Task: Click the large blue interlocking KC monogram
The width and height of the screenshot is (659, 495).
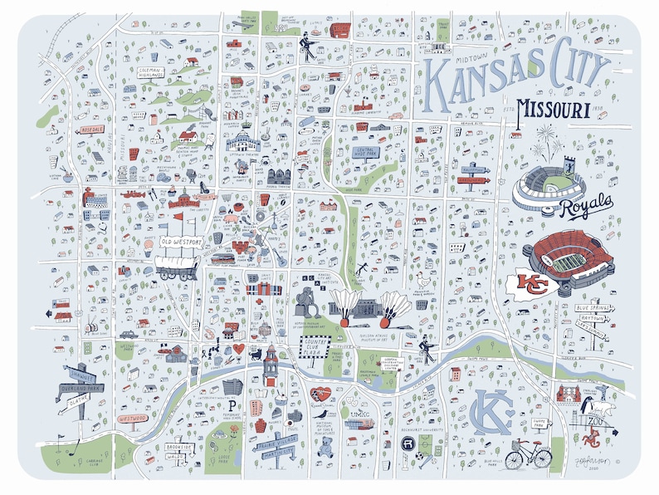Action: [490, 410]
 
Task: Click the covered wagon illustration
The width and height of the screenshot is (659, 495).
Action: [175, 266]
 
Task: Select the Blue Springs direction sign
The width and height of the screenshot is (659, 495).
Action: [593, 309]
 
